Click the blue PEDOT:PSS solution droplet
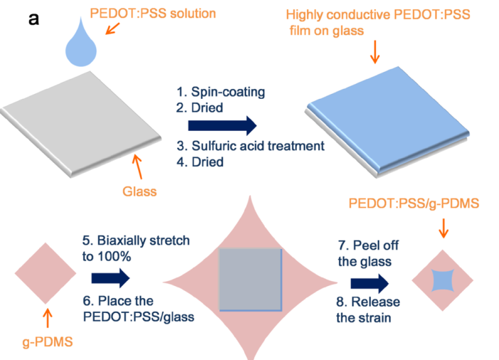tap(81, 48)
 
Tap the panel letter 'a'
tap(33, 19)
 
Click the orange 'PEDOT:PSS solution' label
tap(153, 14)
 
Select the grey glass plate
tap(81, 123)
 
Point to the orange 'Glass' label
tap(140, 191)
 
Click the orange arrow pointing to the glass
tap(137, 166)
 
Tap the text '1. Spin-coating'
tap(221, 92)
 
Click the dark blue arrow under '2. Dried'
tap(222, 126)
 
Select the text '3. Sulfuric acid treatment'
tap(251, 146)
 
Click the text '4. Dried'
tap(200, 162)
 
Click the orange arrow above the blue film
tap(375, 52)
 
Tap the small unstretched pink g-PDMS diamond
tap(46, 273)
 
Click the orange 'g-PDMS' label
tap(48, 342)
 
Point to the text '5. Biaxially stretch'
tap(136, 240)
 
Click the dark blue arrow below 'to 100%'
tap(110, 278)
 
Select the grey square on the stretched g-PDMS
tap(251, 279)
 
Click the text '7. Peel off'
tap(368, 245)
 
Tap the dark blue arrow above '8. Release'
tap(369, 283)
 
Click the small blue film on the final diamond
tap(443, 280)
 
